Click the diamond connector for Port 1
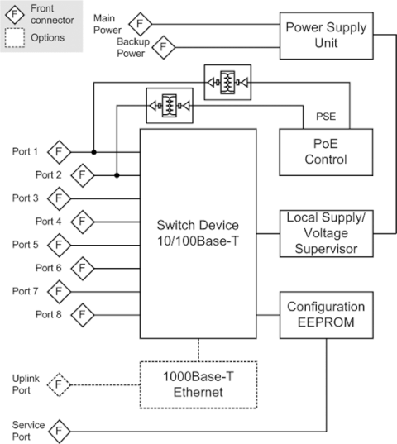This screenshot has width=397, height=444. click(59, 152)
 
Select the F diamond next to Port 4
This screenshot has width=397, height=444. click(82, 222)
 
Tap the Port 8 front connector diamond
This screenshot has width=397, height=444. click(82, 315)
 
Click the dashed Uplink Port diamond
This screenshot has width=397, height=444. click(59, 384)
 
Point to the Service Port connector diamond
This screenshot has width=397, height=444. click(59, 432)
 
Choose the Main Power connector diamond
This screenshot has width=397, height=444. click(140, 24)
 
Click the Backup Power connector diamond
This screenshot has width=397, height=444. click(164, 47)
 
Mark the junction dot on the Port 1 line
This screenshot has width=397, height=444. click(93, 152)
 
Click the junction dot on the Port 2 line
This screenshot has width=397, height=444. click(117, 175)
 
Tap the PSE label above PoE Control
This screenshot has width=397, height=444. click(326, 117)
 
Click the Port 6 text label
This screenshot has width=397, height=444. click(49, 268)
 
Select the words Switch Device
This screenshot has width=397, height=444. click(198, 226)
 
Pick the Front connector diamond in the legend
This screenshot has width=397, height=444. click(15, 14)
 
